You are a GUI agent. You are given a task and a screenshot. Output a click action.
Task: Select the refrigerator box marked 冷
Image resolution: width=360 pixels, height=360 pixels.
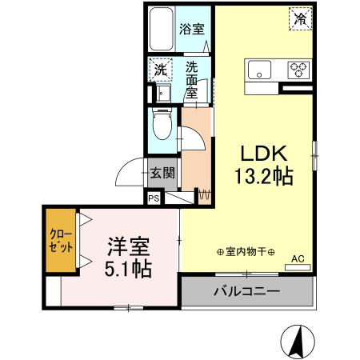pos(301,18)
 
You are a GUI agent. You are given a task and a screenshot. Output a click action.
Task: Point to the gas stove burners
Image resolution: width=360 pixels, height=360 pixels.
pos(300,70)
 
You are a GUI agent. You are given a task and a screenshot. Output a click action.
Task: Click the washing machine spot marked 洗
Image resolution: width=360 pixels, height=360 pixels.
pos(160,70)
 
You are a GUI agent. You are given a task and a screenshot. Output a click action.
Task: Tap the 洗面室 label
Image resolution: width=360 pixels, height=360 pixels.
pos(193,80)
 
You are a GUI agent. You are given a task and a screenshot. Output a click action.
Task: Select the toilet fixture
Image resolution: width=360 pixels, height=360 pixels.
pos(161,125)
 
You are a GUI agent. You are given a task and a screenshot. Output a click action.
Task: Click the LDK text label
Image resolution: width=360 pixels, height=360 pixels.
pos(260,153)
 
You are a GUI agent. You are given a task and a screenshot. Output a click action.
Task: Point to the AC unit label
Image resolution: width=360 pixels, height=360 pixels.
pos(297,258)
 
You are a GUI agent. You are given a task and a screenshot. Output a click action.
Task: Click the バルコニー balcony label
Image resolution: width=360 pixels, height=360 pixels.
pos(246,291)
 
